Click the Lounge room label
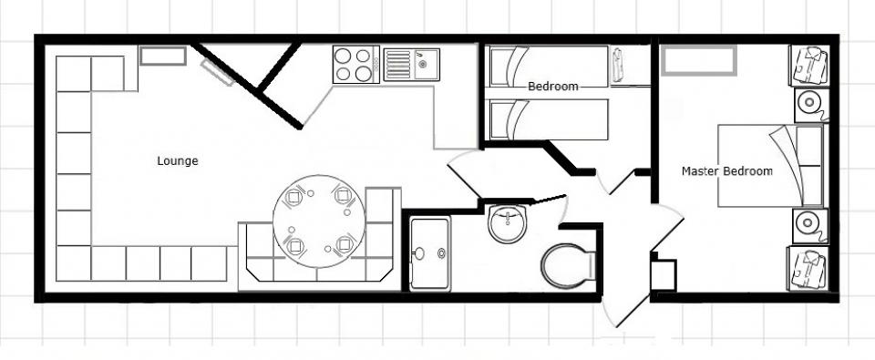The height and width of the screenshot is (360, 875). (x=178, y=161)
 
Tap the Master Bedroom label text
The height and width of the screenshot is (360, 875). (x=727, y=171)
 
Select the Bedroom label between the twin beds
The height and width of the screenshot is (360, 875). (x=553, y=87)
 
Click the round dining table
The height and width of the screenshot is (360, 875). (x=319, y=221)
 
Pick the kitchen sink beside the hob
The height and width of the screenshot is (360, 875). (x=411, y=64)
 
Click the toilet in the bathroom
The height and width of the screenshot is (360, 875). (x=568, y=266)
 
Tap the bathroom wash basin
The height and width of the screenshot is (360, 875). (x=508, y=222)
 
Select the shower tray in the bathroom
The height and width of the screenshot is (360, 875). (x=429, y=254)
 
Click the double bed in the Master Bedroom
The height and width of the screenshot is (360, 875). (x=770, y=166)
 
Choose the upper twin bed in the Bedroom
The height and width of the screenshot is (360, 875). (x=549, y=67)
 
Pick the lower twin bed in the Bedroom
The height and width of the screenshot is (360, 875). (x=549, y=120)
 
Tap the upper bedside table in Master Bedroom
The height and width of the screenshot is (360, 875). (x=811, y=105)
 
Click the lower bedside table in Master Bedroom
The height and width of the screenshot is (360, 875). (x=810, y=225)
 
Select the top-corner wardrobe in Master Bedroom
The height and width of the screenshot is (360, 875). (x=808, y=66)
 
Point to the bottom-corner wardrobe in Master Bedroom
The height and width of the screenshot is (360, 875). (x=808, y=269)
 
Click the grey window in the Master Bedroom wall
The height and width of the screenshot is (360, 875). (x=699, y=60)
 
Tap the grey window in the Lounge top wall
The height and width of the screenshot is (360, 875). (x=162, y=56)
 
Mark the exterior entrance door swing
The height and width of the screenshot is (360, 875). (x=642, y=268)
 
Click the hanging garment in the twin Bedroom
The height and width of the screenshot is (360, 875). (x=617, y=66)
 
